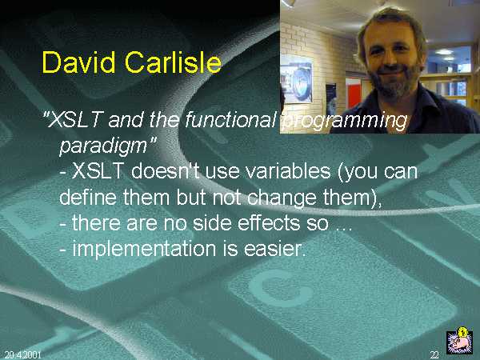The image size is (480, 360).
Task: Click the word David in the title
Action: pyautogui.click(x=78, y=62)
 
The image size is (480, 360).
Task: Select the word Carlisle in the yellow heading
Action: pyautogui.click(x=173, y=62)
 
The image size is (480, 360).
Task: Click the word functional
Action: pyautogui.click(x=230, y=119)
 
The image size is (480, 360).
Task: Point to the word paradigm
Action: pyautogui.click(x=103, y=146)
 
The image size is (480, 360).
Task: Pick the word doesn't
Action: pyautogui.click(x=166, y=170)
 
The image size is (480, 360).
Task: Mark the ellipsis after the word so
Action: pyautogui.click(x=344, y=229)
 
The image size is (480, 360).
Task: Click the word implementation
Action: pyautogui.click(x=144, y=249)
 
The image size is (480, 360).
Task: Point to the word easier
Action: pyautogui.click(x=274, y=249)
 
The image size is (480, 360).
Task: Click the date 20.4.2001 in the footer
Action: pyautogui.click(x=22, y=354)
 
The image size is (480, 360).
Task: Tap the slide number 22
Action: pyautogui.click(x=434, y=354)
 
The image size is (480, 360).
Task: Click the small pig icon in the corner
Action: pyautogui.click(x=459, y=341)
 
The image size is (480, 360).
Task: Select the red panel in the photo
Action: pyautogui.click(x=353, y=93)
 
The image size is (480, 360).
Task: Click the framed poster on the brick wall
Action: pyautogui.click(x=297, y=79)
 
